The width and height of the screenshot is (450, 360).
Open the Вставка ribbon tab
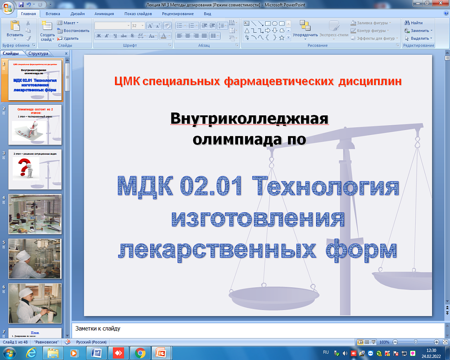click(53, 13)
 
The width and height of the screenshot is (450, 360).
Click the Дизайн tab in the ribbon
click(77, 13)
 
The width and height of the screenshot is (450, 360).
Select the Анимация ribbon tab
click(104, 13)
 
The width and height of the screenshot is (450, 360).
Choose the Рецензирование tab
click(178, 13)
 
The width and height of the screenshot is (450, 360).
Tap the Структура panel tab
click(39, 54)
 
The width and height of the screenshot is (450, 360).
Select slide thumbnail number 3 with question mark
click(35, 169)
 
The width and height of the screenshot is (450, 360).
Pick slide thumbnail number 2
click(35, 124)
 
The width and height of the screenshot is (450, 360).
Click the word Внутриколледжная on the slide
click(250, 119)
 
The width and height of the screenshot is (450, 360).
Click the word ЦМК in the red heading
click(127, 81)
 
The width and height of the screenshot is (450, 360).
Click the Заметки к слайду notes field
click(258, 329)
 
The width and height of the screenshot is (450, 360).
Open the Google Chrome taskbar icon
click(140, 352)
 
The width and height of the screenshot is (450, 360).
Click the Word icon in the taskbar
click(97, 352)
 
